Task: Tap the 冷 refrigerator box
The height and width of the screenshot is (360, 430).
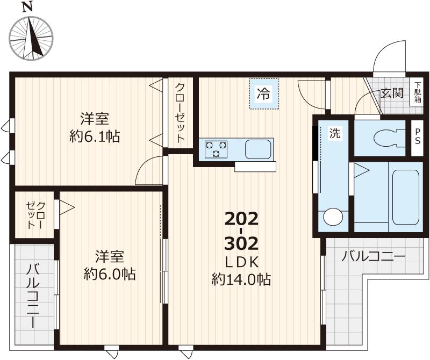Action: tap(264, 94)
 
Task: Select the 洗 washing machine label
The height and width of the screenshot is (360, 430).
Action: tap(334, 134)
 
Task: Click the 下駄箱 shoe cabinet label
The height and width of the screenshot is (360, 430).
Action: tap(418, 96)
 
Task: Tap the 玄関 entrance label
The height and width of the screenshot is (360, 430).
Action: tap(392, 92)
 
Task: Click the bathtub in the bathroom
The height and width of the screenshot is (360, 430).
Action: tap(405, 197)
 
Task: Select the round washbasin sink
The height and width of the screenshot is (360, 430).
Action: tap(333, 218)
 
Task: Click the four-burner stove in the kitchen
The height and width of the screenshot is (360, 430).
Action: tap(216, 149)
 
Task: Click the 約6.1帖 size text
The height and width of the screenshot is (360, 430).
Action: tap(95, 136)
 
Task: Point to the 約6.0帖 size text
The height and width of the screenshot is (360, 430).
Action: tap(110, 274)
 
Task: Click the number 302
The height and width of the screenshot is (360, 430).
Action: tap(241, 243)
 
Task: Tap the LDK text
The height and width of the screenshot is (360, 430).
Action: tap(241, 262)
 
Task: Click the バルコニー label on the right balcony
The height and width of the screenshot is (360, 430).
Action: tap(373, 256)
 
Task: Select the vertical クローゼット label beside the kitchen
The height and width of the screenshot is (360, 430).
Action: tap(180, 113)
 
